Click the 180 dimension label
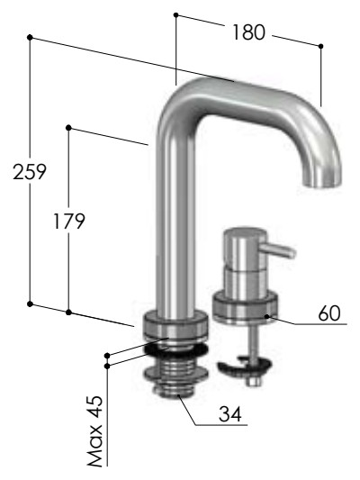tap(248, 32)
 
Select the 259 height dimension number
tap(30, 172)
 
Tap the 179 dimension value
tap(68, 222)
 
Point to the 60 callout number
tap(329, 313)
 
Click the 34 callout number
tap(230, 414)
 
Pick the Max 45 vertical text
tap(95, 431)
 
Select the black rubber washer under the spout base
tap(176, 350)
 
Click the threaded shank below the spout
tap(176, 376)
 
